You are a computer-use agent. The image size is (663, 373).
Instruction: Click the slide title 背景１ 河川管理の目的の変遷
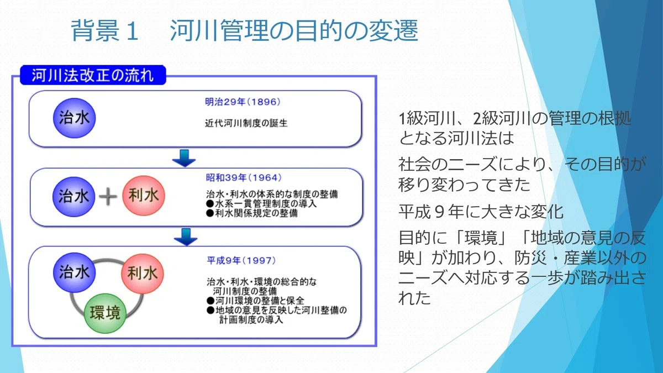244,30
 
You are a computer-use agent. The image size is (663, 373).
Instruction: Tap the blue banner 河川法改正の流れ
93,75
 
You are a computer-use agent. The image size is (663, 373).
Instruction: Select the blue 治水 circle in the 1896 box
74,118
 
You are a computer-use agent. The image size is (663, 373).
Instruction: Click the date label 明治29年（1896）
243,102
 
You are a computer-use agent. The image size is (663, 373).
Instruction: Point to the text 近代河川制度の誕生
246,123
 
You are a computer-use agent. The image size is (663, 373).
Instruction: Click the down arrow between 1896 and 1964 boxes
184,158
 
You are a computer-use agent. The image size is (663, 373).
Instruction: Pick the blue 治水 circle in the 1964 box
73,197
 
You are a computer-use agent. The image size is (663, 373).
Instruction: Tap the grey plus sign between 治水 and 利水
108,197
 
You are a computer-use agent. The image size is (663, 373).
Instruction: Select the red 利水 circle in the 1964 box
144,196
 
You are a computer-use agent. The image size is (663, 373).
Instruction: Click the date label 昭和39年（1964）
244,177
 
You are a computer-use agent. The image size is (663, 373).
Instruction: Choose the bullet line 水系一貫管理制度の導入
261,204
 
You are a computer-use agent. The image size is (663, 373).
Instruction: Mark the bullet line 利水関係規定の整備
252,213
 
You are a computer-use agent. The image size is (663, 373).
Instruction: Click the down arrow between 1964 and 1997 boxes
186,237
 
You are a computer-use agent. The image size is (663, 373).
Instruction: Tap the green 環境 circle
105,313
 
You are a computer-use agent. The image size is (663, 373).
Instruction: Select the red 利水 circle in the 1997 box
143,273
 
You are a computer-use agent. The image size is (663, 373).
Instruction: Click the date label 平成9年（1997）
241,260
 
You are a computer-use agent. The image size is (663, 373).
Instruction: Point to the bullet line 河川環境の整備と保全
255,301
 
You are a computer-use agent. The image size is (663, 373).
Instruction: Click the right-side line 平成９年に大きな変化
481,212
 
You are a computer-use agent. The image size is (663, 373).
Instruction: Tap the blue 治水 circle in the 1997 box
74,272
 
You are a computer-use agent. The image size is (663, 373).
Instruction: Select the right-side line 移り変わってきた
464,185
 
